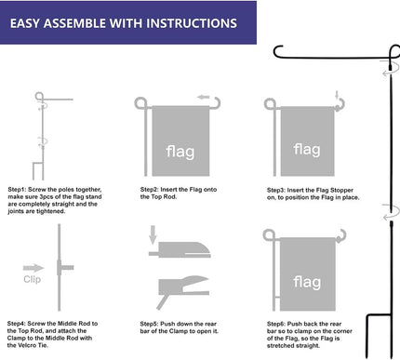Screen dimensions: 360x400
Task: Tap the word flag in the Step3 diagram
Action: click(x=307, y=148)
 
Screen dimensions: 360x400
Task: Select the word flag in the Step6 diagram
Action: click(x=307, y=281)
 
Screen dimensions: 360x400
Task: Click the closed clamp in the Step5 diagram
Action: click(x=186, y=248)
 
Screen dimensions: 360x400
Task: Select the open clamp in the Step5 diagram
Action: click(x=186, y=283)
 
